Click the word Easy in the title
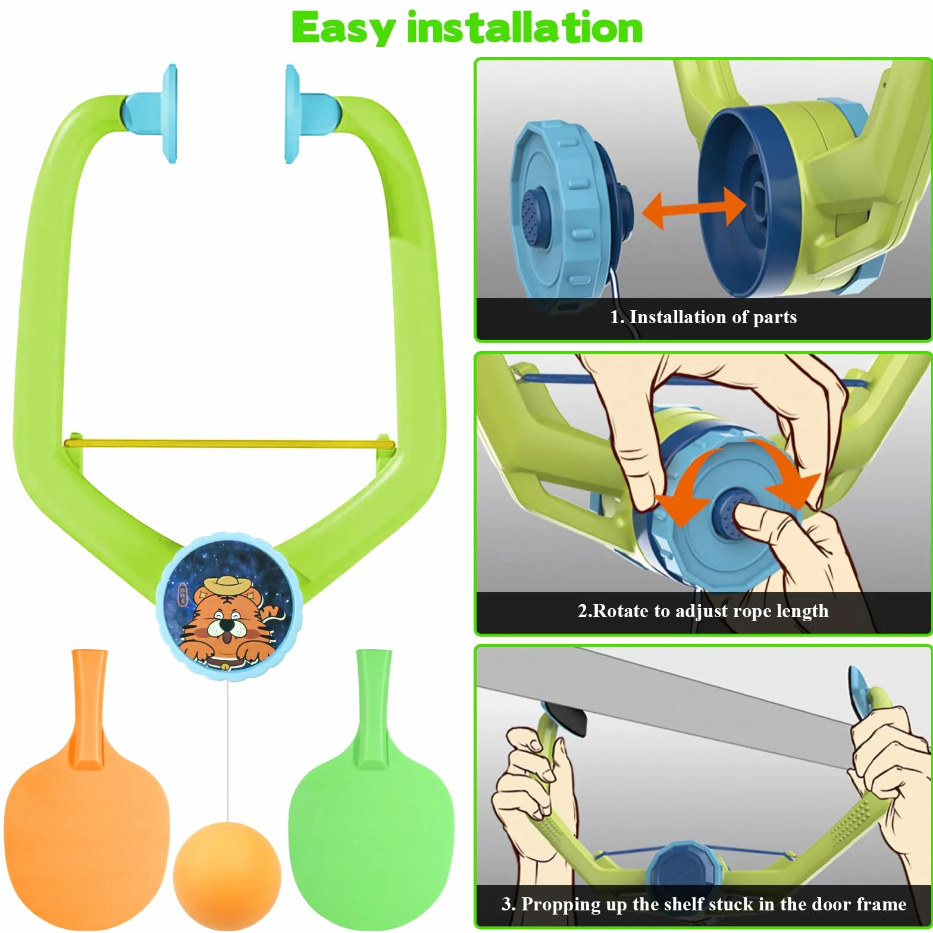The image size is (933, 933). (x=344, y=29)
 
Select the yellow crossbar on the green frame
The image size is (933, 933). (x=229, y=443)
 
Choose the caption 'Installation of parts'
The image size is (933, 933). (x=713, y=317)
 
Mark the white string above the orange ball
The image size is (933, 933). (x=227, y=752)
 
